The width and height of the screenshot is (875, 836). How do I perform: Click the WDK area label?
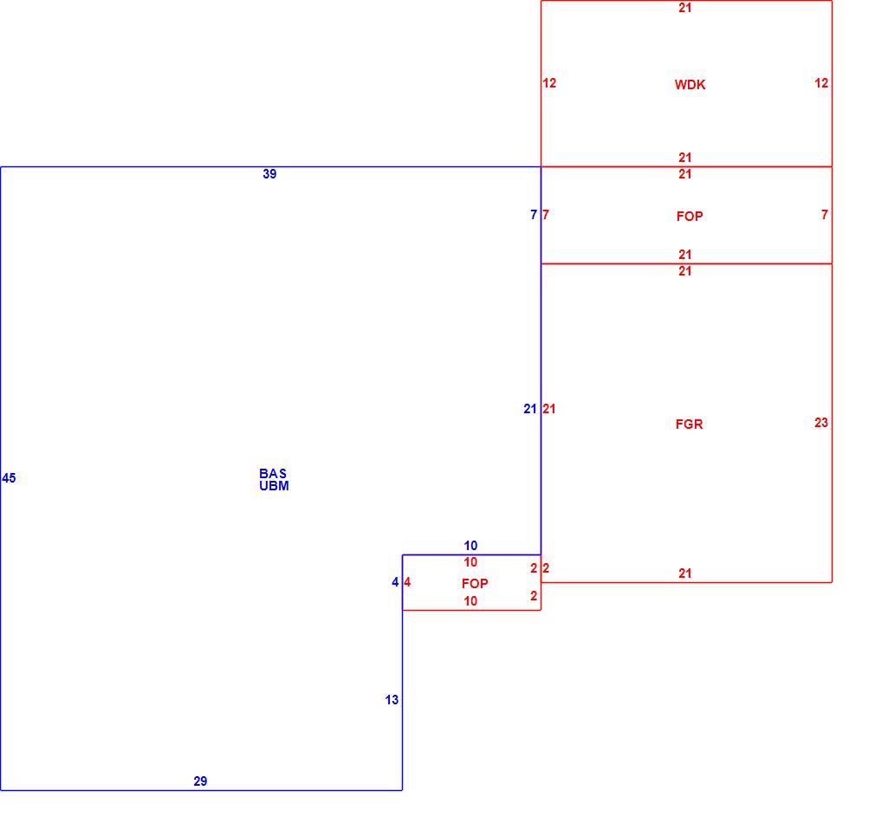690,85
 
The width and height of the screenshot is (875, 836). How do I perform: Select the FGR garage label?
690,424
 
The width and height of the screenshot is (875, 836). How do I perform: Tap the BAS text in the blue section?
273,473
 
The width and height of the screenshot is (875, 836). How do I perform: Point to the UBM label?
274,485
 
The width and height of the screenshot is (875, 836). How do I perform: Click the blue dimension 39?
269,174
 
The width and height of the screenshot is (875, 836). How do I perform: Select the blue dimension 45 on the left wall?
9,478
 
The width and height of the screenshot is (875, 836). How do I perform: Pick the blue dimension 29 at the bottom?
200,781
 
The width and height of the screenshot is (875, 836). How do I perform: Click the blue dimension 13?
392,700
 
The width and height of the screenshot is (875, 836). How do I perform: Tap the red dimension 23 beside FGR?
821,423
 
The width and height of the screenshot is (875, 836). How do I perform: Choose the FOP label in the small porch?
475,584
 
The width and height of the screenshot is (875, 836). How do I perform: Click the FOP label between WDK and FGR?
690,217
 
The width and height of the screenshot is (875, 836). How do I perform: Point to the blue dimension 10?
470,546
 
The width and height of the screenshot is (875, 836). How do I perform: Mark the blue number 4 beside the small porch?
395,583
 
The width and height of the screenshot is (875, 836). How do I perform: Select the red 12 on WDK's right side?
821,83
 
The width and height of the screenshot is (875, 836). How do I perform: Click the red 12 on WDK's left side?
549,83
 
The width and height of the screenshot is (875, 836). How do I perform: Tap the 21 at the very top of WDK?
685,8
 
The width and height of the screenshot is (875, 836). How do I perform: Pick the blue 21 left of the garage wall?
530,409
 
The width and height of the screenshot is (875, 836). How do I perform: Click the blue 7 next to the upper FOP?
534,215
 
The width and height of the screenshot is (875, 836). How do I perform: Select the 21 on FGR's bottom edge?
685,574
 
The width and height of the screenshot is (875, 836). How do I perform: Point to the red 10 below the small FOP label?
470,601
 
